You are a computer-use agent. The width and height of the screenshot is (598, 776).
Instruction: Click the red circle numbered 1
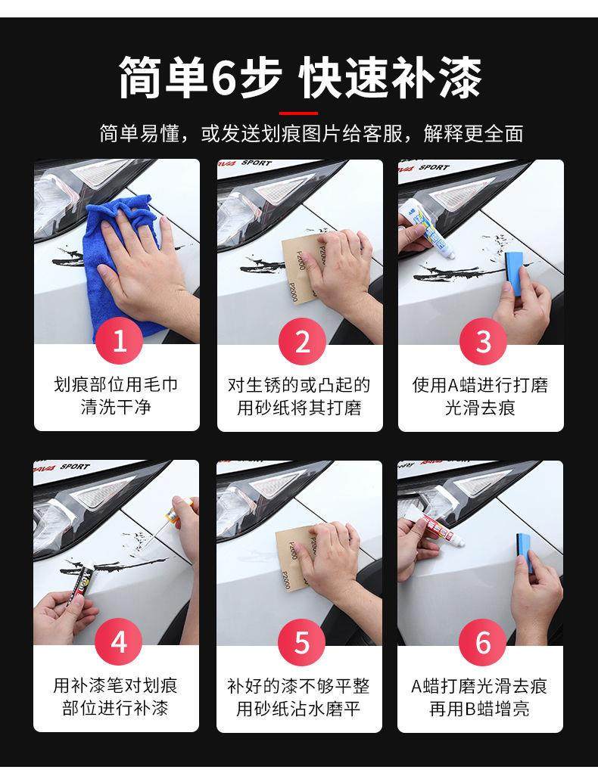click(x=119, y=341)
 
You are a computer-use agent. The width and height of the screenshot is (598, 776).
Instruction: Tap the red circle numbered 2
click(x=302, y=341)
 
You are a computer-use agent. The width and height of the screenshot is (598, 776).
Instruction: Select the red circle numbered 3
click(x=482, y=341)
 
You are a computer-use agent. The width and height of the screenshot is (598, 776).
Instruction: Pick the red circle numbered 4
click(x=119, y=642)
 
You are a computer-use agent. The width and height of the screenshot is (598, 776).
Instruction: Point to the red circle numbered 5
click(x=302, y=642)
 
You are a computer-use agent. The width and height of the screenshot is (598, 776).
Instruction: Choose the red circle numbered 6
click(x=482, y=642)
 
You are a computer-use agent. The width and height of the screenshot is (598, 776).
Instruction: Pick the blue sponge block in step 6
click(x=526, y=553)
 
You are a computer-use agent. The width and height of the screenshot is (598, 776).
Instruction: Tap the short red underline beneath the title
click(x=298, y=113)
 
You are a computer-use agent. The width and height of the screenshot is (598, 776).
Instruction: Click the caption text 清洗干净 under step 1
click(x=116, y=408)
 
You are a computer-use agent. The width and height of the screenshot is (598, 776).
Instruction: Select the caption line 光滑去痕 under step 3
click(x=480, y=408)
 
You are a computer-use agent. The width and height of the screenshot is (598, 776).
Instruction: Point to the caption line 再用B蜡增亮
click(x=480, y=708)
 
